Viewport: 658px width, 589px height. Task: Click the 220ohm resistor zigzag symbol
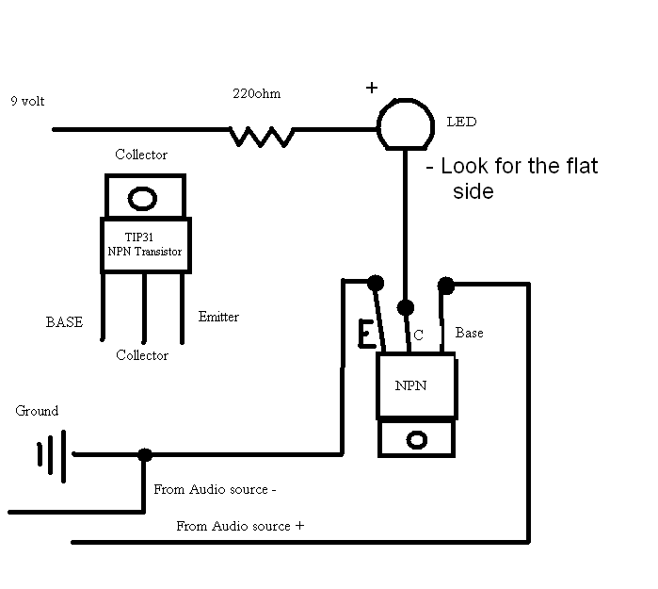[262, 138]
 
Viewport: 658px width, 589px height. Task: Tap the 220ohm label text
[257, 94]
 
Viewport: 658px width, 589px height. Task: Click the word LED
[462, 123]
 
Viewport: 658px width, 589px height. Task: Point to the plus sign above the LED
[372, 88]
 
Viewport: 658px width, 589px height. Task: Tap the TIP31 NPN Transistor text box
[145, 245]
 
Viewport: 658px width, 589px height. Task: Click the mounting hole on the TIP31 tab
[142, 199]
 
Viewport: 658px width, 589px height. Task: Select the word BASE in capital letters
[64, 322]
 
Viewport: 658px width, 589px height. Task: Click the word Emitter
[218, 318]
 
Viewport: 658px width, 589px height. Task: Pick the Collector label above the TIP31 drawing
[141, 155]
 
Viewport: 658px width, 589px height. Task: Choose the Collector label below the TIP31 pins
[142, 355]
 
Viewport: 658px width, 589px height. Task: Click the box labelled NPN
[417, 385]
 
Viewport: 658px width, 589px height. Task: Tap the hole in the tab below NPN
[417, 440]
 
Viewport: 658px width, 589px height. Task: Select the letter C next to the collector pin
[417, 335]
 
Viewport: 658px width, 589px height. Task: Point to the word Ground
[37, 411]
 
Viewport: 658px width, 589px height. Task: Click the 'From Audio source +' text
[240, 526]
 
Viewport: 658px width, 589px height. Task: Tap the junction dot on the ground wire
[144, 454]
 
